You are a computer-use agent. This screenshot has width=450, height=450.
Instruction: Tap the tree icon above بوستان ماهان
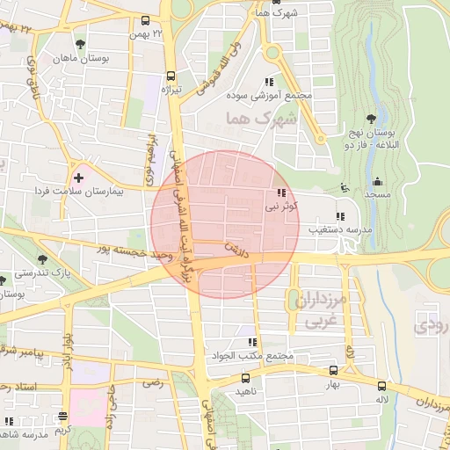coord(81,42)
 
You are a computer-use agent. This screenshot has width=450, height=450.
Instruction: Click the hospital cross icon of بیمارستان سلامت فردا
coord(78,178)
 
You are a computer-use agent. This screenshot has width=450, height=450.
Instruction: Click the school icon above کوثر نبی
coord(280,192)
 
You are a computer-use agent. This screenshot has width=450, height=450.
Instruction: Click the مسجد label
coord(378,193)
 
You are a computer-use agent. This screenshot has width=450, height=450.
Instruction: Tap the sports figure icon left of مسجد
coord(344,187)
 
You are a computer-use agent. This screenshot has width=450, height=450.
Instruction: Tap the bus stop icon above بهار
coord(332,371)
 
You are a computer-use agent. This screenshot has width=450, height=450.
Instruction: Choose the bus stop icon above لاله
coord(381,386)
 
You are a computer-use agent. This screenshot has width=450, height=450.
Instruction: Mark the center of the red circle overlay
coord(224,224)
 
